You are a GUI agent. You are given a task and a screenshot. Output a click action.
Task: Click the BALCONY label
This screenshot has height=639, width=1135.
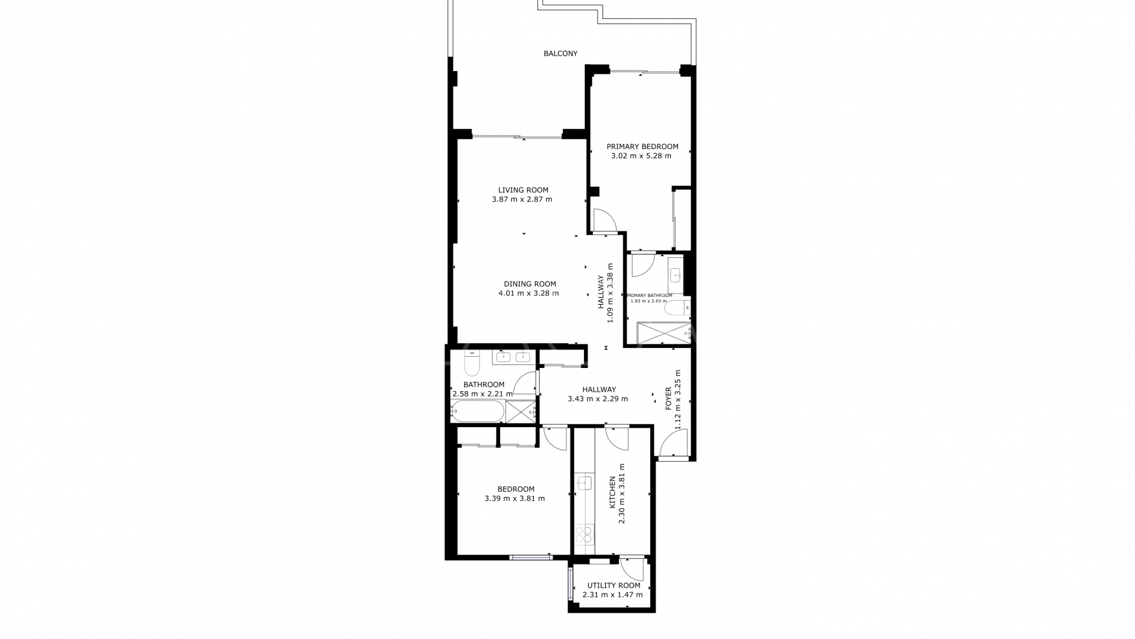click(x=560, y=53)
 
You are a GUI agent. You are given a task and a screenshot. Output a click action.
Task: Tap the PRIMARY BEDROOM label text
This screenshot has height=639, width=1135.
click(x=642, y=147)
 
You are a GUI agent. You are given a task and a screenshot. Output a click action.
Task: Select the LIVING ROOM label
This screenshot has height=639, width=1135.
click(x=523, y=190)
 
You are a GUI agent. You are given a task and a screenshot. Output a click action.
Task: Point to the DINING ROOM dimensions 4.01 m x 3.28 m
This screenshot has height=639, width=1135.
click(x=528, y=293)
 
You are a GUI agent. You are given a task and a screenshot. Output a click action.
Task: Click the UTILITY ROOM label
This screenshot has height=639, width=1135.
click(x=614, y=586)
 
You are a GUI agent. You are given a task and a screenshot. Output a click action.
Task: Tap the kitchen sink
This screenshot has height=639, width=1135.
click(x=585, y=483)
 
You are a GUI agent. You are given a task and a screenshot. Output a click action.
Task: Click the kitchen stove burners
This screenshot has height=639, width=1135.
click(x=584, y=534)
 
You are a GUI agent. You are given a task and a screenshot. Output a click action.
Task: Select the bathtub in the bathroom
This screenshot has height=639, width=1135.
click(x=478, y=411)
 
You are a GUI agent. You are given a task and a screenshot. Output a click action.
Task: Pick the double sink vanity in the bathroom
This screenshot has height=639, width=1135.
click(x=513, y=357)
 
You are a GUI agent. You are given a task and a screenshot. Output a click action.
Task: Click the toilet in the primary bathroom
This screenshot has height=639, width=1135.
click(x=677, y=308)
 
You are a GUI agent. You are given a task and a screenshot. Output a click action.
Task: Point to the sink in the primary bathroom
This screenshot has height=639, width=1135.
click(x=676, y=275)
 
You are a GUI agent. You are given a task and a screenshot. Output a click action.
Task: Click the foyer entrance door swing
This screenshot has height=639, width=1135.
click(x=673, y=444)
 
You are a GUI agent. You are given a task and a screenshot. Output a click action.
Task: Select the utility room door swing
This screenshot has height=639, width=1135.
click(x=632, y=569)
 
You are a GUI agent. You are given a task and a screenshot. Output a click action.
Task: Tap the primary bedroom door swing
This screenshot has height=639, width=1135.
click(x=605, y=220)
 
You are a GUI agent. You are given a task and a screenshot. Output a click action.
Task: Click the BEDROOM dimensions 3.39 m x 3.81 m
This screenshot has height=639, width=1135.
click(x=514, y=499)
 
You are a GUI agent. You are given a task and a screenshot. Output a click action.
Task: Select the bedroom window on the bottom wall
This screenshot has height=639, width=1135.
click(x=530, y=557)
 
